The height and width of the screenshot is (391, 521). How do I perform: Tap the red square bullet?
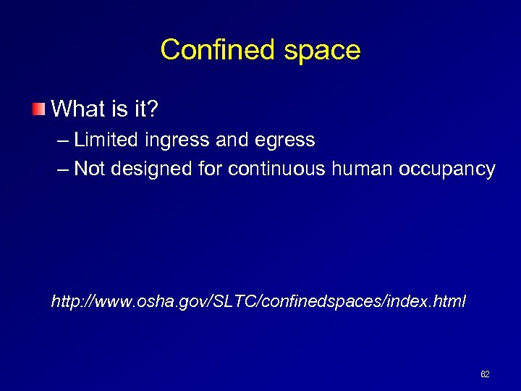(38, 109)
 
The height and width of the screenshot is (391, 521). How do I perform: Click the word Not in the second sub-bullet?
(90, 169)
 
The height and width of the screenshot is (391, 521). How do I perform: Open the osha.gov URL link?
(258, 300)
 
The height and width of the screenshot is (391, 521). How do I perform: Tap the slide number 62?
(485, 374)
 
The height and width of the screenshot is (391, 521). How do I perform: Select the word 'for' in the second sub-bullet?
(208, 169)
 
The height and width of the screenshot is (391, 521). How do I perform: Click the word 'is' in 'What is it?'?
(121, 109)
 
